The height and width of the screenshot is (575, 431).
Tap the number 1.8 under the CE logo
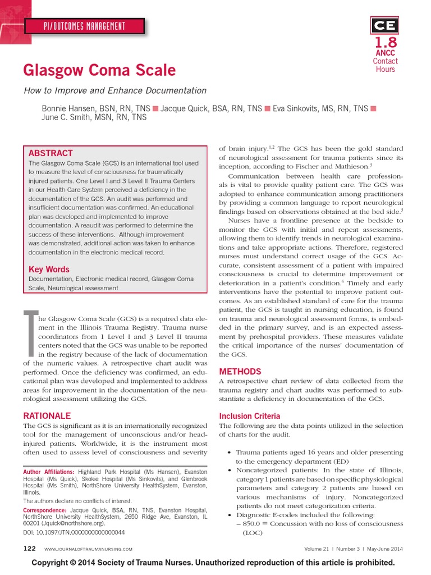[x=386, y=43]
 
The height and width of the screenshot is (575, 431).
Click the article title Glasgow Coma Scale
[x=99, y=70]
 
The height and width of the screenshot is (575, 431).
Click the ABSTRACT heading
[x=51, y=153]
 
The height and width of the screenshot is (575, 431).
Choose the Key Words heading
[x=49, y=270]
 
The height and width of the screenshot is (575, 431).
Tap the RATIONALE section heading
[x=47, y=416]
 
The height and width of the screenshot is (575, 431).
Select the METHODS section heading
[x=240, y=372]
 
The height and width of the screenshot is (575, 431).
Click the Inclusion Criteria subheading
[x=249, y=416]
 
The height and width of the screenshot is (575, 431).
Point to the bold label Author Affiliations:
[x=48, y=472]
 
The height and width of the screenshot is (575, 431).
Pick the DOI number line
[x=74, y=532]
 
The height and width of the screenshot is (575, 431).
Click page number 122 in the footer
[x=30, y=549]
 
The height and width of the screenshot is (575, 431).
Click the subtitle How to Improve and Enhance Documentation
[x=114, y=90]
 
